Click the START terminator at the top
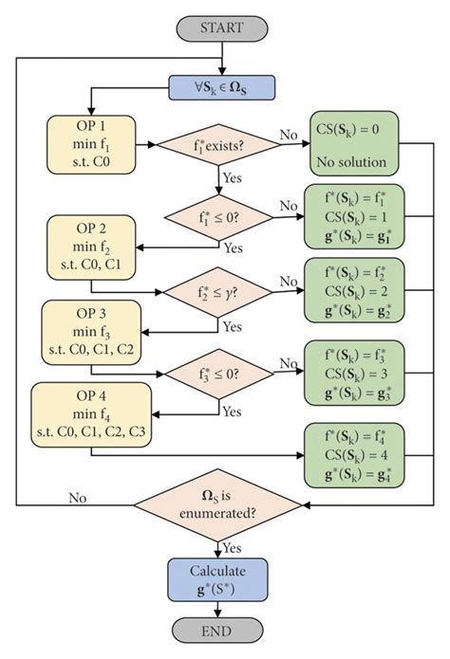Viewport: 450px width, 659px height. point(221,27)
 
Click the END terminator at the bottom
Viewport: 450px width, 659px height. point(221,630)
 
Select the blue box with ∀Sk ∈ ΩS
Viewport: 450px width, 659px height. point(221,88)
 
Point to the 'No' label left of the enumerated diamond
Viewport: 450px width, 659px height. point(80,496)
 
